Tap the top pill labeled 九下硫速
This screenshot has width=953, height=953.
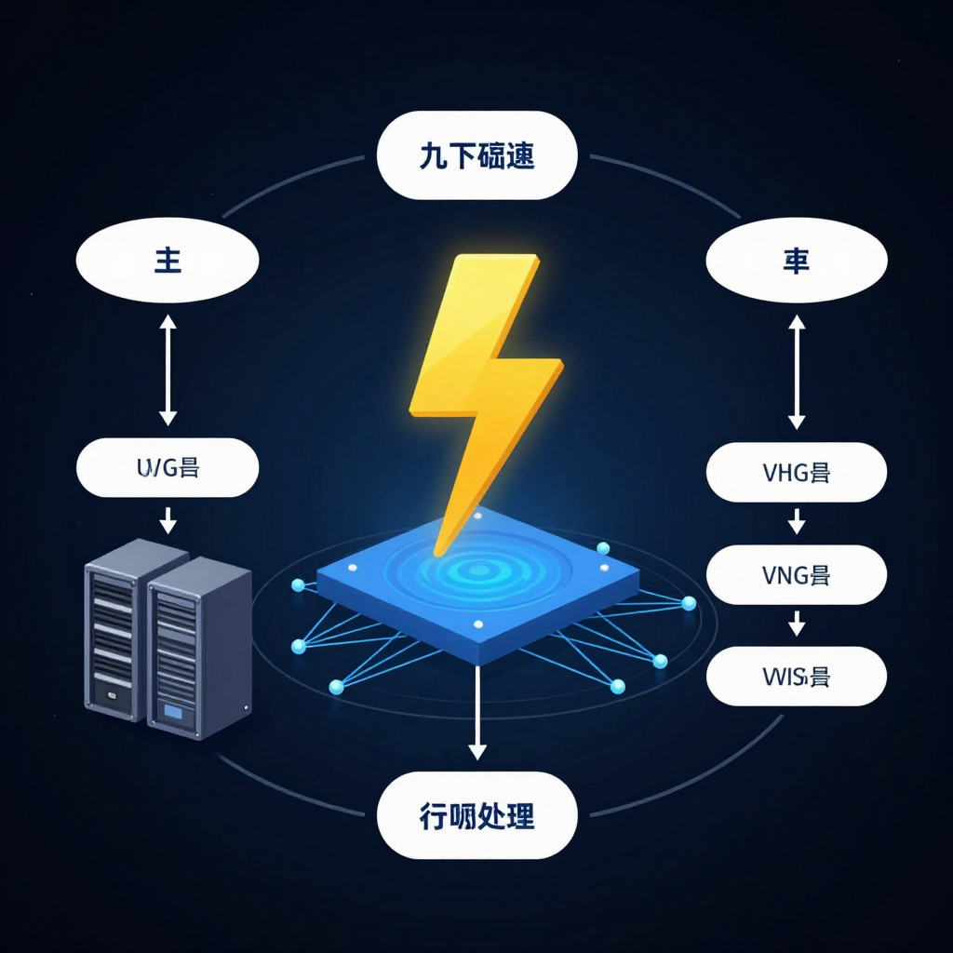tap(477, 155)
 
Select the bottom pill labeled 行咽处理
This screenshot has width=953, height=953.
tap(477, 817)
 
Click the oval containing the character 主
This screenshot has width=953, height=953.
tap(168, 261)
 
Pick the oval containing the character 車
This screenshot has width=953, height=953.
tap(796, 261)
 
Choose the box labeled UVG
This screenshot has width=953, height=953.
tap(168, 468)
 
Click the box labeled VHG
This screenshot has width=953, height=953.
tap(796, 472)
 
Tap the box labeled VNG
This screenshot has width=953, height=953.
tap(796, 574)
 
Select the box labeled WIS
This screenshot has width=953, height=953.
tap(796, 677)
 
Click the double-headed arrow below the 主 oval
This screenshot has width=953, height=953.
tap(168, 369)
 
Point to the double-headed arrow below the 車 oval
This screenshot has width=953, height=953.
tap(796, 370)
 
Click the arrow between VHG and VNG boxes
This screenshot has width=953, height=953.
tap(796, 521)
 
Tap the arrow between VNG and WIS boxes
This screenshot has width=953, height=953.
tap(796, 624)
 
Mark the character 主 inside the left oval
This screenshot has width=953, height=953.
tap(168, 261)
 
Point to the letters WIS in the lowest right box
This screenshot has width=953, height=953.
tap(783, 677)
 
